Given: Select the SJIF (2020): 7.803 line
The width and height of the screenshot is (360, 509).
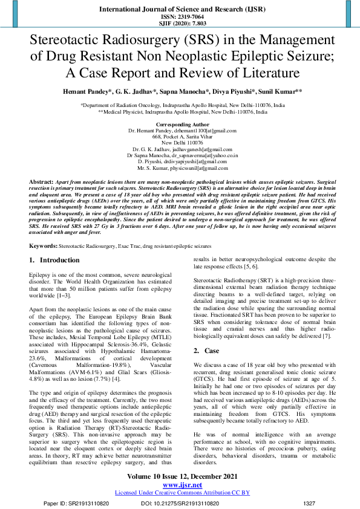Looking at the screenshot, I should click(x=179, y=24).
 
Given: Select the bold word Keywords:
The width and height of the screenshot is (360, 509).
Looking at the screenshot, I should click(x=44, y=246).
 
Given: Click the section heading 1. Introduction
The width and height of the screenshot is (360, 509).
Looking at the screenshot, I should click(x=54, y=261).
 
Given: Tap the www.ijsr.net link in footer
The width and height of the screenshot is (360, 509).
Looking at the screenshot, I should click(x=180, y=485).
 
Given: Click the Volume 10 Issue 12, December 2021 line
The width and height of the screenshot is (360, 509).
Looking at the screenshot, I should click(x=180, y=478).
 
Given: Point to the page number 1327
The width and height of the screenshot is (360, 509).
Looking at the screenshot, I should click(x=309, y=502).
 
